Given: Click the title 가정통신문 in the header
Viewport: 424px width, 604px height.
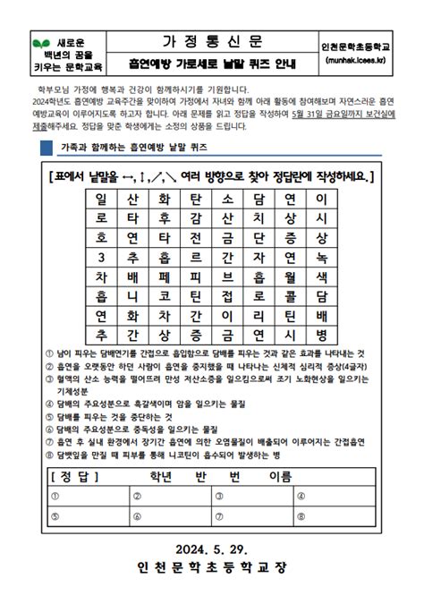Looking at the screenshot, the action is pyautogui.click(x=213, y=43).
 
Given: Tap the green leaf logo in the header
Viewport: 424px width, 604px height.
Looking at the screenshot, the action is pyautogui.click(x=39, y=43).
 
